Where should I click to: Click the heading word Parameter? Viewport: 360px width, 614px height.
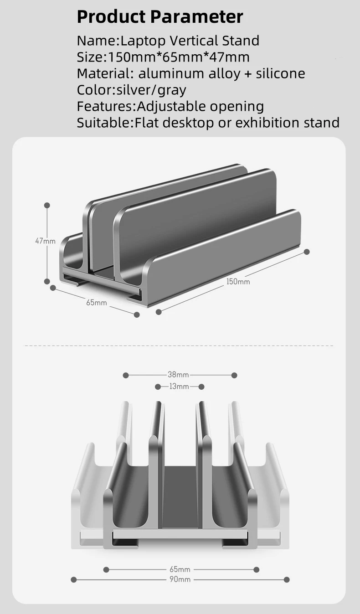(x=196, y=17)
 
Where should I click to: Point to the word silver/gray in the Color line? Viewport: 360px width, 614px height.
(x=151, y=90)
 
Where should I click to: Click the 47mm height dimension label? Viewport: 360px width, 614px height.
(x=45, y=241)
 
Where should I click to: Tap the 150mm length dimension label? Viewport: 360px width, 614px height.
(x=238, y=282)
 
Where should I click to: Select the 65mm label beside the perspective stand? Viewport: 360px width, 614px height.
(x=96, y=302)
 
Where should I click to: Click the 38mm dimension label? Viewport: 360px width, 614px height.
(x=178, y=375)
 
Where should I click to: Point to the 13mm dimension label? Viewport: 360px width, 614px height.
(x=179, y=387)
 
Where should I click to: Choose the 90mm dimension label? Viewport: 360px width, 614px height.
(x=180, y=579)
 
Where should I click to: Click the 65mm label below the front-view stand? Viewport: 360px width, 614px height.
(x=180, y=569)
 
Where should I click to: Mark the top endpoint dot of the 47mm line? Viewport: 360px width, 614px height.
(x=47, y=206)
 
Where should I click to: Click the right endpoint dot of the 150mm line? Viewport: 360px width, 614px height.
(x=307, y=252)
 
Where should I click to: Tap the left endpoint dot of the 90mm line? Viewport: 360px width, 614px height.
(x=74, y=579)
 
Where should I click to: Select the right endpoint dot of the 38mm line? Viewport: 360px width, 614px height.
(x=234, y=375)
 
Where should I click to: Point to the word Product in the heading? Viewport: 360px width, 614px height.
(x=111, y=17)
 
